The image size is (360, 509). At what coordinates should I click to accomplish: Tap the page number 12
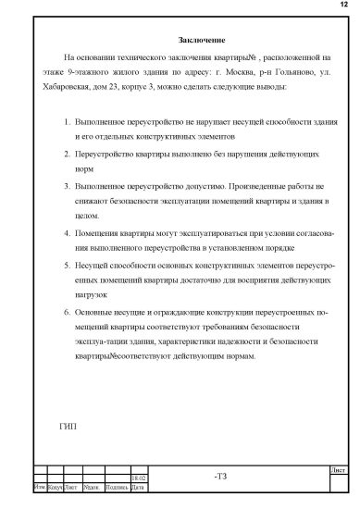point(344,6)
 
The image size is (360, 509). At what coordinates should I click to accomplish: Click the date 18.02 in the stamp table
point(138,478)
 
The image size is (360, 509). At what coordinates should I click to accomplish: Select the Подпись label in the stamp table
point(117,486)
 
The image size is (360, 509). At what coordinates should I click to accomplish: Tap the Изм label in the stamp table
point(39,486)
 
